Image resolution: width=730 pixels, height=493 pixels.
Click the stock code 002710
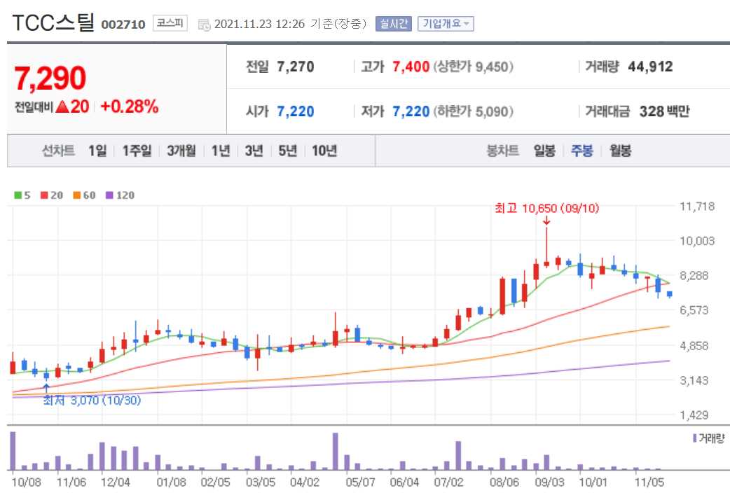tap(123, 25)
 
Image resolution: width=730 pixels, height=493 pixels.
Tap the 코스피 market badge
tap(170, 24)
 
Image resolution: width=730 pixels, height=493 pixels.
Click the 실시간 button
tap(394, 24)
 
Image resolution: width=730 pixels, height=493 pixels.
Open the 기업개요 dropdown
tap(446, 24)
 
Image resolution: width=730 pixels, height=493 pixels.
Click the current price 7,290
tap(50, 78)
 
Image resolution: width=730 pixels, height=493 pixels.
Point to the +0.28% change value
tap(130, 107)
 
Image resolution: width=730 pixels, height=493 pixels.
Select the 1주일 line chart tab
tap(137, 151)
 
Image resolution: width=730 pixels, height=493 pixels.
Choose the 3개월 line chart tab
tap(181, 151)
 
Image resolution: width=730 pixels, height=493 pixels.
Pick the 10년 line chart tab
tap(324, 151)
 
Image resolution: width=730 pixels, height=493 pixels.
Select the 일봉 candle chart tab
tap(544, 151)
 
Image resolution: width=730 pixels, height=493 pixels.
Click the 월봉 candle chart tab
tap(620, 151)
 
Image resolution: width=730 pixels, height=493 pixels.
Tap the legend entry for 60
tap(85, 195)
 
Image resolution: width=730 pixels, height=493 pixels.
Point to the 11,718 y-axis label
tap(697, 207)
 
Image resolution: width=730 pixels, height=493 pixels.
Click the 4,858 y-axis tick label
tap(697, 346)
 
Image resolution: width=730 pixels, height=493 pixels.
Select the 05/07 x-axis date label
tap(361, 482)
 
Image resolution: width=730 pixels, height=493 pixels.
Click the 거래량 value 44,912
tap(650, 67)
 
